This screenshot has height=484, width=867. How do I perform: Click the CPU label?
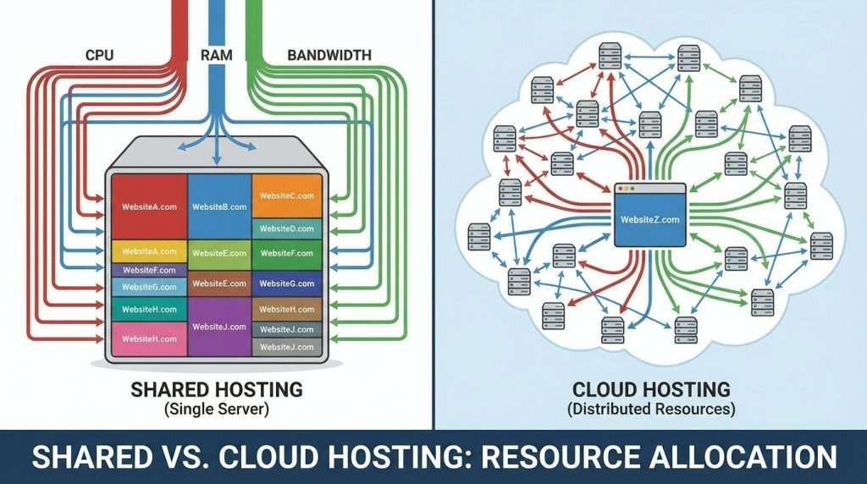point(100,55)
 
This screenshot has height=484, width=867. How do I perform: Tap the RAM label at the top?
point(218,55)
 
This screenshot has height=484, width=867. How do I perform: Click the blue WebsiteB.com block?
point(219,206)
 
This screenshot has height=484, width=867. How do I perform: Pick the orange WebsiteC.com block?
point(287,195)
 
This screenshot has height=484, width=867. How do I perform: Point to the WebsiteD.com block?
point(287,228)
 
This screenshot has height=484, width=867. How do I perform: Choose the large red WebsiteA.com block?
point(149,206)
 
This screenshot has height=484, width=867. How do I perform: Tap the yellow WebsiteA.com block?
point(149,251)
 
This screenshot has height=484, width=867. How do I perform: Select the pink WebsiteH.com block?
point(149,338)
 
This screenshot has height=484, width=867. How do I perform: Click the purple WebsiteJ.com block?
point(219,327)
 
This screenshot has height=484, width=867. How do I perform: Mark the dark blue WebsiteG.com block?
point(287,283)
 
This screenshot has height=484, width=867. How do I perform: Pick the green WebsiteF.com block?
point(287,253)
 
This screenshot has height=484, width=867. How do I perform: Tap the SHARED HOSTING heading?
point(216,390)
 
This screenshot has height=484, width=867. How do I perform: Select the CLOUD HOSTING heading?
point(651,390)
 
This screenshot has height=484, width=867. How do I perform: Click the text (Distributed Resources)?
point(651,409)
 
